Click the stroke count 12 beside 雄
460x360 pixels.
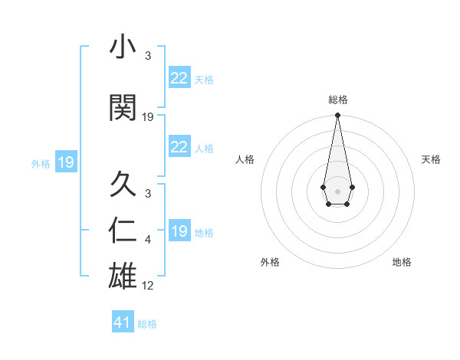point(148,286)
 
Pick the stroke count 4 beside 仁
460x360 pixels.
point(148,241)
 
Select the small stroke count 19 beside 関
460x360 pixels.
point(148,117)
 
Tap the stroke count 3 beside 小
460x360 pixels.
point(148,56)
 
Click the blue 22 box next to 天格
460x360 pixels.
point(179,78)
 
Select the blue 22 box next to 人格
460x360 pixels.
point(179,147)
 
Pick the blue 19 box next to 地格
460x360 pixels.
point(179,231)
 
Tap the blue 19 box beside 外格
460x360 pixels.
point(66,162)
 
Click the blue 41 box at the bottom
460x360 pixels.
point(123,322)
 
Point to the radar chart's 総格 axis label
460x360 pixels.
point(337,100)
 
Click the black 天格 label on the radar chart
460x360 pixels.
point(431,159)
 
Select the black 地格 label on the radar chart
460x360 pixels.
point(402,262)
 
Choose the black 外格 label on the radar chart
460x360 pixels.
point(270,262)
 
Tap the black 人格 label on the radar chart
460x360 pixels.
point(245,159)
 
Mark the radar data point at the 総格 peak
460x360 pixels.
point(337,116)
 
